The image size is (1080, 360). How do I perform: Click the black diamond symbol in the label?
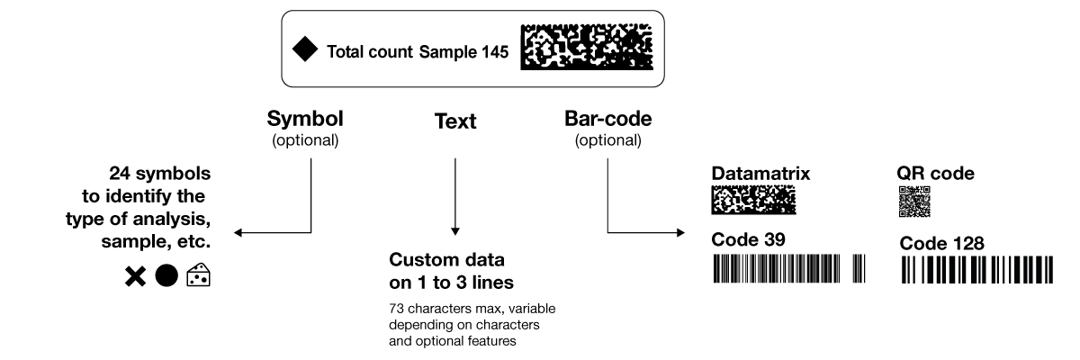[x=306, y=51]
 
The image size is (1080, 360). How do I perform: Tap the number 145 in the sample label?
[x=493, y=52]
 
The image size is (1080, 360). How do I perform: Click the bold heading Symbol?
[x=305, y=119]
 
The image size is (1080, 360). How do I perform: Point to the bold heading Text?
[x=455, y=121]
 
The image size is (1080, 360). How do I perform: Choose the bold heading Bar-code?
[x=607, y=119]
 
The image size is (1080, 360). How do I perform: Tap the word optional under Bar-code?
[x=607, y=140]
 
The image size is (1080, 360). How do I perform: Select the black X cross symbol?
[x=136, y=278]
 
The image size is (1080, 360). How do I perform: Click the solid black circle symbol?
[x=166, y=277]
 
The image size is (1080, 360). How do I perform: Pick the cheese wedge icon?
[x=198, y=276]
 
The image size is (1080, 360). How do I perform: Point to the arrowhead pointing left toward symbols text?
[x=238, y=234]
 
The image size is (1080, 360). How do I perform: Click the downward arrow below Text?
[x=455, y=232]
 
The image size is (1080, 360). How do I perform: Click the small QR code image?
[x=914, y=202]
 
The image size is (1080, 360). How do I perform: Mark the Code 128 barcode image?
[x=976, y=270]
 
